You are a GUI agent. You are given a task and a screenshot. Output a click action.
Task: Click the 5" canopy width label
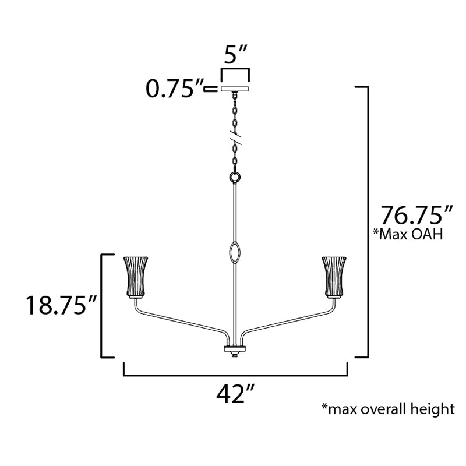235,54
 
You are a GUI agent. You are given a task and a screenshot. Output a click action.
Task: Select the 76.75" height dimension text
416,215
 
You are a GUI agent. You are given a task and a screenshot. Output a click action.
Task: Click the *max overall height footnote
388,409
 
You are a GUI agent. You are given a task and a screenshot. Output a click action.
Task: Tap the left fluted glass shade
136,277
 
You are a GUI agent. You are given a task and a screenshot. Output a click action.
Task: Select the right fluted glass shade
334,277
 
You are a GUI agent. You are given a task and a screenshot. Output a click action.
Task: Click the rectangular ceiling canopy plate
235,89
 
